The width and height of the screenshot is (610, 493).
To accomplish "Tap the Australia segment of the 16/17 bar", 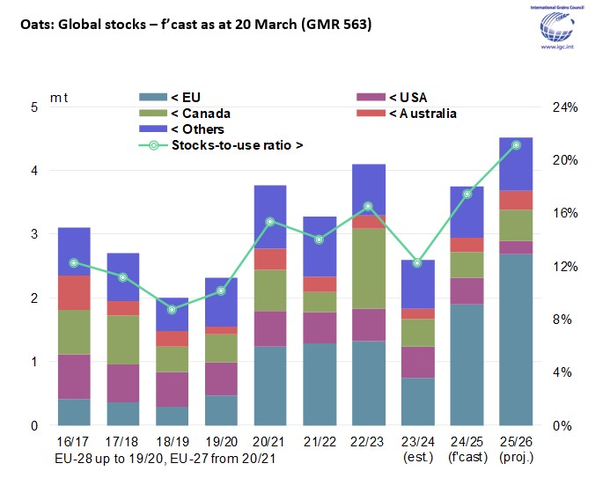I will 75,292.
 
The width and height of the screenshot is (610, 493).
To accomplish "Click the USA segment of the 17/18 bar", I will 123,383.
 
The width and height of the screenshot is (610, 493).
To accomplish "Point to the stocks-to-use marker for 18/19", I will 173,309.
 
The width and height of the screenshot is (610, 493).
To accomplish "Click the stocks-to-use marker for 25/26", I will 516,144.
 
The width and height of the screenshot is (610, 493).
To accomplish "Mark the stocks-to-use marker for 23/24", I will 417,262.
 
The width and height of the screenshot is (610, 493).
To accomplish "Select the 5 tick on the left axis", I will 34,107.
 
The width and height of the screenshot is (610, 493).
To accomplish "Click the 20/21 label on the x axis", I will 270,439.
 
